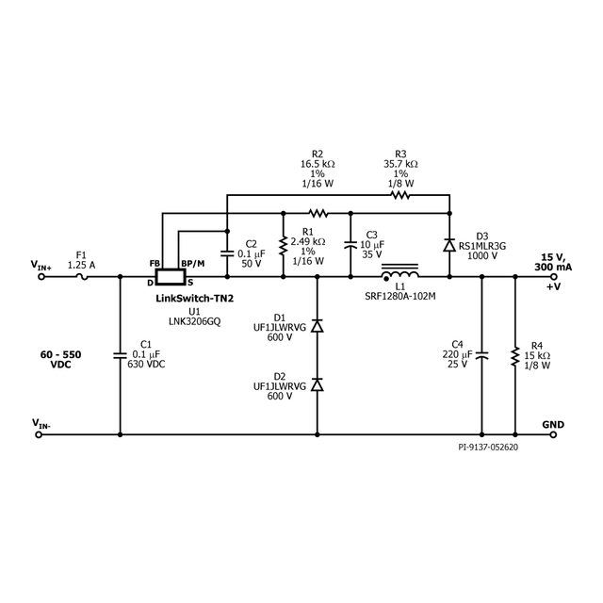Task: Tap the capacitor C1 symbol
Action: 121,356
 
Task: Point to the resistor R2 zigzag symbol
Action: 318,213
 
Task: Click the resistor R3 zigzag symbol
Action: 401,196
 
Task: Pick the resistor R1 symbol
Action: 283,247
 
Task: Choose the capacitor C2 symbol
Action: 226,252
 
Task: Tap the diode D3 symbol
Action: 450,246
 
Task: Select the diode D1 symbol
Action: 317,326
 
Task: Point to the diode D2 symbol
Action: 317,384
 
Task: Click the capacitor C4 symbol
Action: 481,356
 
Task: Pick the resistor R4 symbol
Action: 515,357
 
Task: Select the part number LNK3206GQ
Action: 194,320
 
